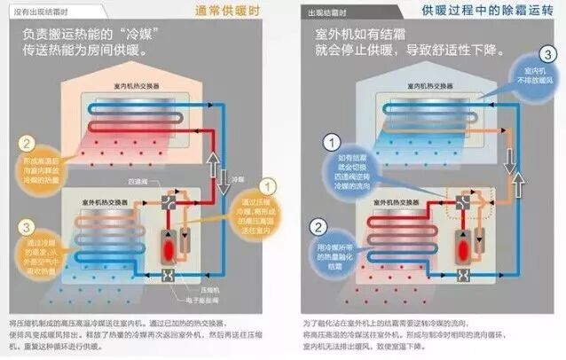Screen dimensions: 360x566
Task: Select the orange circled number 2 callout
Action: pyautogui.click(x=28, y=144)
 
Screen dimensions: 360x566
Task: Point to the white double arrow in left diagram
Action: pyautogui.click(x=214, y=160)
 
